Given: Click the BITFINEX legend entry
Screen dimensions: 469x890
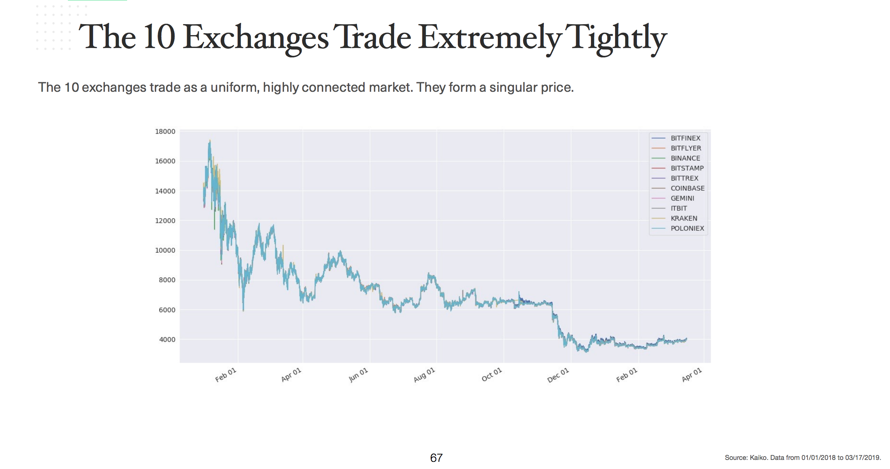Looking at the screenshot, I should point(685,138).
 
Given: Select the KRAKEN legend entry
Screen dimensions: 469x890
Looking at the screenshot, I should point(684,218).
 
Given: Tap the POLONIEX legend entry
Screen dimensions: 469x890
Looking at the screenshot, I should point(687,228).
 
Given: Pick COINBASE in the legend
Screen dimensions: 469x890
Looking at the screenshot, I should point(687,188).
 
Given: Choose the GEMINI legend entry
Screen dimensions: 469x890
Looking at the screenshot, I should point(682,198).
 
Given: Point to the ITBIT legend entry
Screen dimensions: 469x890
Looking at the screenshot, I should point(678,208).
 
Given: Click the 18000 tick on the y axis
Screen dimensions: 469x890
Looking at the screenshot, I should point(165,131).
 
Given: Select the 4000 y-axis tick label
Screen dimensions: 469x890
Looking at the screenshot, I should point(167,339).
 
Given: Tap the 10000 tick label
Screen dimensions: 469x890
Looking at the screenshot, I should point(165,250).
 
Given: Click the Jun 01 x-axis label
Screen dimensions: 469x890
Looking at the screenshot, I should point(358,375).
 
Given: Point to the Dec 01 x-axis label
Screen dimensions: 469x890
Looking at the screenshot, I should point(558,375).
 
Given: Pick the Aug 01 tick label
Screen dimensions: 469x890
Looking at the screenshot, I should point(424,375).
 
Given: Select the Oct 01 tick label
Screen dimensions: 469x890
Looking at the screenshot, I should point(492,374).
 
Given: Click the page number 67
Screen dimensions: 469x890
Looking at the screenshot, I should point(436,458).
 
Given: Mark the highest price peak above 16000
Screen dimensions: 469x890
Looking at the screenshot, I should point(210,141).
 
